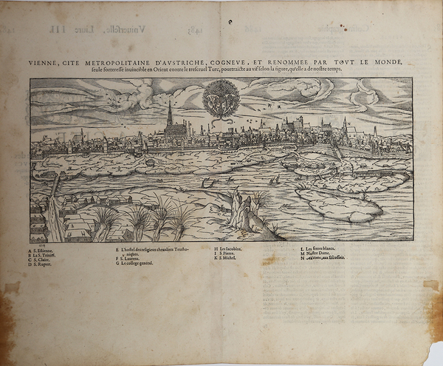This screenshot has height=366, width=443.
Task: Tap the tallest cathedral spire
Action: [x=170, y=115]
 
